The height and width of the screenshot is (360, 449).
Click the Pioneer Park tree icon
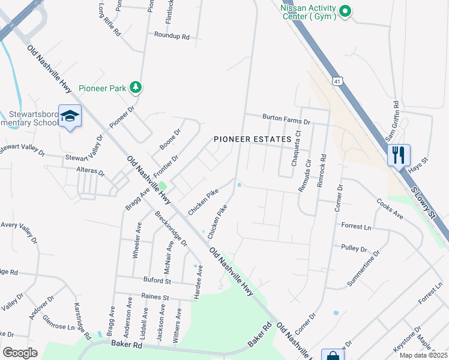136,88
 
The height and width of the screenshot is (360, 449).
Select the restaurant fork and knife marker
398,155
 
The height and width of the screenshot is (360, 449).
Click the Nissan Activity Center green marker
345,11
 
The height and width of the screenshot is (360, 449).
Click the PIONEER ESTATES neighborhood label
253,139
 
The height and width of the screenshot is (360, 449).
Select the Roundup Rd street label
172,37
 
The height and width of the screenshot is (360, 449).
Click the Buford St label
157,280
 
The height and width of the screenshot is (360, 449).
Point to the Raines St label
156,296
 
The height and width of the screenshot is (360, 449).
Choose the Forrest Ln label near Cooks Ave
357,227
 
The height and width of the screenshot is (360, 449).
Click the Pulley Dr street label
354,248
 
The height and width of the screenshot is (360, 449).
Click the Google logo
20,352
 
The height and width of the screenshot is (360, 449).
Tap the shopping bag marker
332,355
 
